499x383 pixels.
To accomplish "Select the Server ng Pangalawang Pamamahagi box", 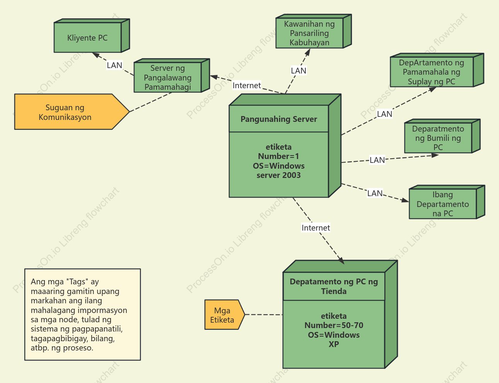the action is click(172, 75).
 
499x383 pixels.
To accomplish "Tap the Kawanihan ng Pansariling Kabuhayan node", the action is click(313, 31).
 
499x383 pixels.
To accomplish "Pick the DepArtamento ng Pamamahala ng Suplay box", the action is click(437, 70).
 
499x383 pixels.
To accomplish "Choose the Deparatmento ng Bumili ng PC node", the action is click(442, 136).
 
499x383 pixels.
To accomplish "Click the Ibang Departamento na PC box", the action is click(447, 202).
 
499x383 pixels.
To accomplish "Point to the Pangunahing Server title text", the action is click(279, 119).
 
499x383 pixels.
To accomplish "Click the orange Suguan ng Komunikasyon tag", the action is click(72, 112).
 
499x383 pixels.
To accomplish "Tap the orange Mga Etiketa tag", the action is click(225, 315).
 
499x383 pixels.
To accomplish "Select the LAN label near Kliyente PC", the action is click(114, 65).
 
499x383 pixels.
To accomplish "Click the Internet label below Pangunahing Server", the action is click(316, 228).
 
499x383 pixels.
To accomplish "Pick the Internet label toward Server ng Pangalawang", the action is click(247, 85).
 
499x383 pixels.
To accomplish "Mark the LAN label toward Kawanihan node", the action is click(298, 70).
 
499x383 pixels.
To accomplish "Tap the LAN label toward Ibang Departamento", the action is click(375, 193).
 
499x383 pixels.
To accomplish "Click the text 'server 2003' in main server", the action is click(279, 175).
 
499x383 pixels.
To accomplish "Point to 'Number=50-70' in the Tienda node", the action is click(334, 325).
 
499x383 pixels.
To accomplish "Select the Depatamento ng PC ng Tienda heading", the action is click(334, 286).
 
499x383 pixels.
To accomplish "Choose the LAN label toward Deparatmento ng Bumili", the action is click(377, 160).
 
